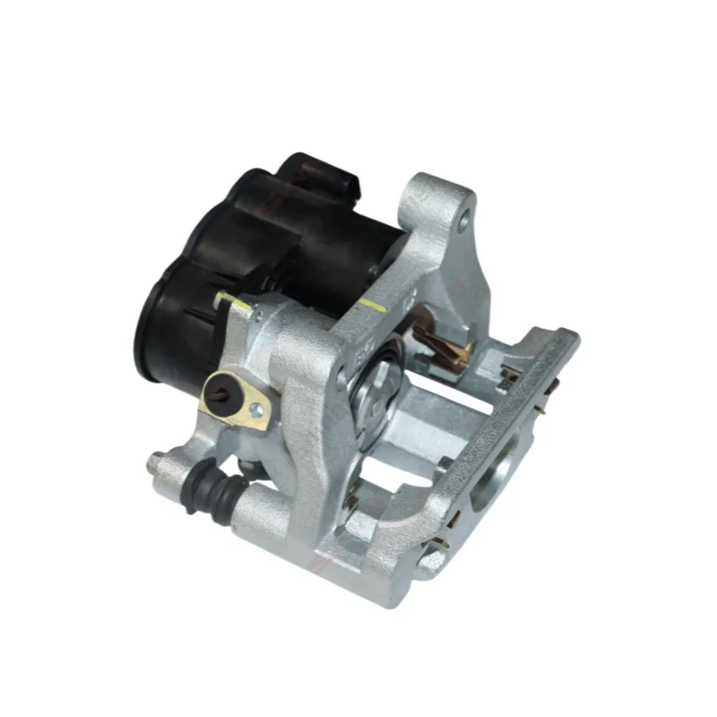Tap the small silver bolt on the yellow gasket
(257, 410)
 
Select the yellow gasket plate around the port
(238, 401)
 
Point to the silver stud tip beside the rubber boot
(154, 462)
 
